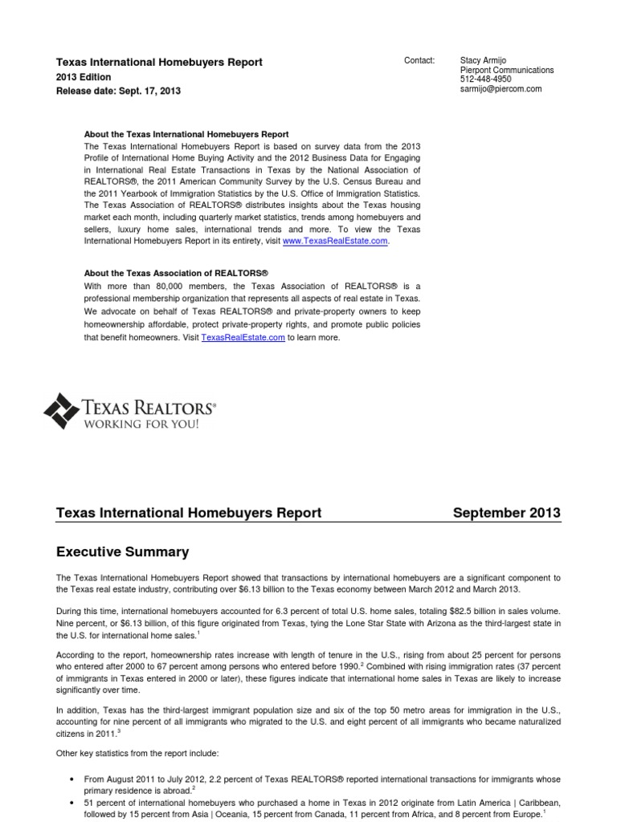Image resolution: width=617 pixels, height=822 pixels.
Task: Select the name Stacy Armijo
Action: coord(483,61)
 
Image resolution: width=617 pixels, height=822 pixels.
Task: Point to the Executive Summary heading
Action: coord(122,551)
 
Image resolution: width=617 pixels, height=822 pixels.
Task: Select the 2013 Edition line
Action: coord(84,77)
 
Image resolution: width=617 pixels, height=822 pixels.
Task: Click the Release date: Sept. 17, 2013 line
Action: coord(118,92)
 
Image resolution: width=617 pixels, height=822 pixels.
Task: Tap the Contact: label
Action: coord(420,61)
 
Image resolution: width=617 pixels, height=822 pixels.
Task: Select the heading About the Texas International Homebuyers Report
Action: coord(186,134)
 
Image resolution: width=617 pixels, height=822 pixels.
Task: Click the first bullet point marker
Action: coord(73,779)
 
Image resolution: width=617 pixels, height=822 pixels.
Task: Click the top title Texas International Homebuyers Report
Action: coord(158,62)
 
